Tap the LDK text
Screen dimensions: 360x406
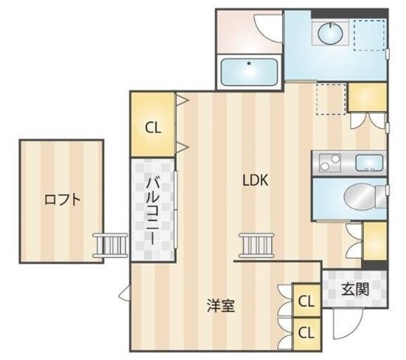click(x=255, y=180)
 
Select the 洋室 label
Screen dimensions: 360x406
click(x=221, y=306)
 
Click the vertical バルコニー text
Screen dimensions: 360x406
click(x=152, y=210)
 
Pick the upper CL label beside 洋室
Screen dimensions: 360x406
click(x=306, y=302)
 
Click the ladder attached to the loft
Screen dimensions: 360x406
click(x=110, y=245)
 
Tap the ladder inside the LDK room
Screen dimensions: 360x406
click(x=256, y=244)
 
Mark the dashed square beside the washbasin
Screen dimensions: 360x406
click(x=370, y=34)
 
